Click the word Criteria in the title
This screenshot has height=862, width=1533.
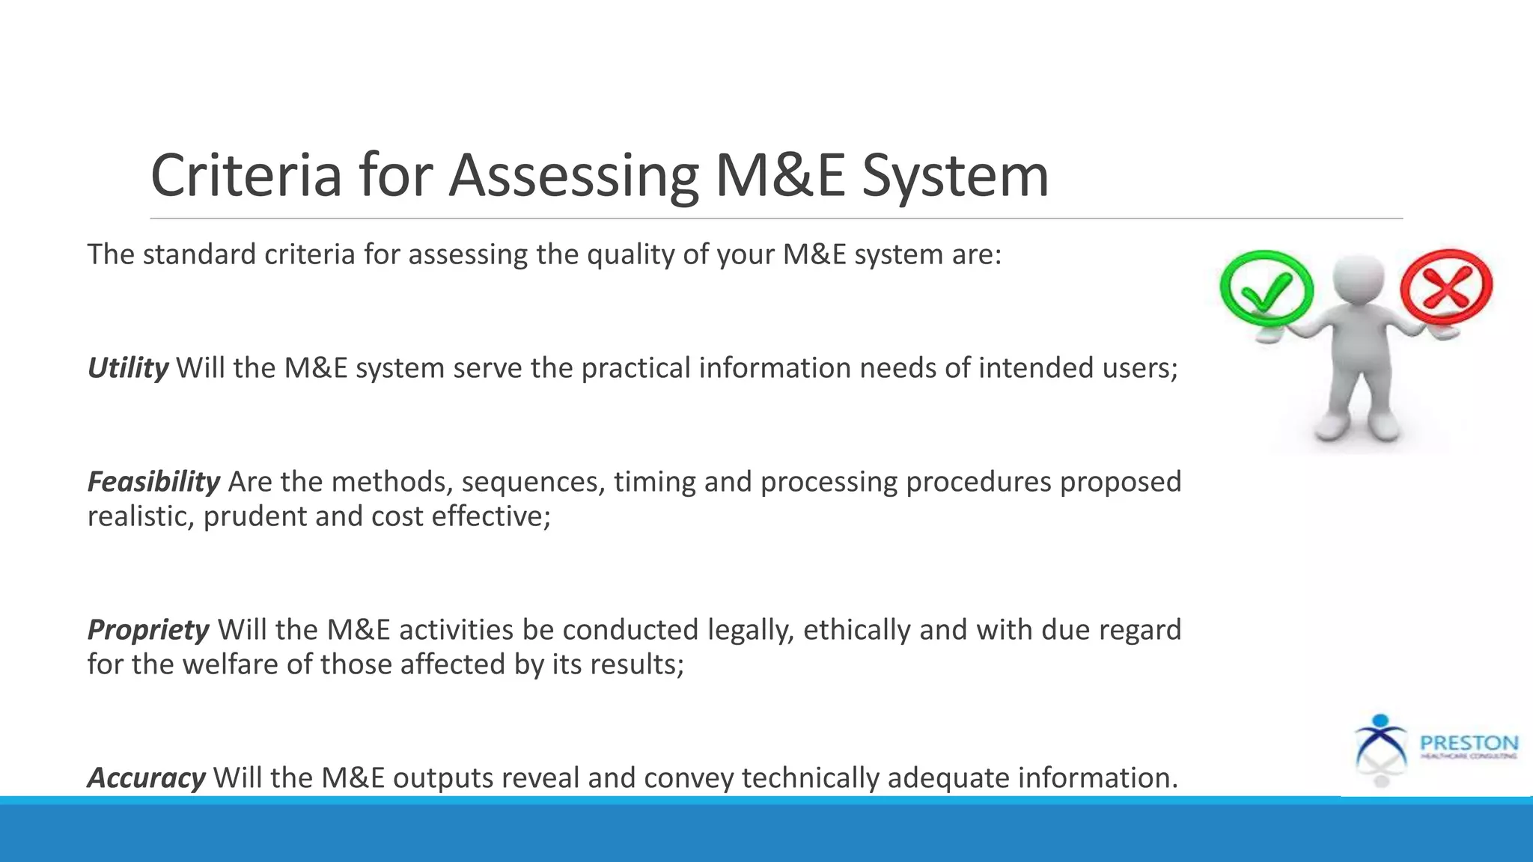click(246, 175)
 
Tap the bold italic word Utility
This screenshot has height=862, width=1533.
click(128, 368)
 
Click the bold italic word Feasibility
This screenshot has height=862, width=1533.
click(153, 482)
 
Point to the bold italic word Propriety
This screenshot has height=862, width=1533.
click(148, 630)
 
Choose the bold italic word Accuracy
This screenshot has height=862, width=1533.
click(147, 778)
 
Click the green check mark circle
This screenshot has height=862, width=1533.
click(1266, 289)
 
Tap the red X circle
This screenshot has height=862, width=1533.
click(1446, 287)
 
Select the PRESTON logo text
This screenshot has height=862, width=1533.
click(1469, 743)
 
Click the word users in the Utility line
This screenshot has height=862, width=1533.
click(1140, 368)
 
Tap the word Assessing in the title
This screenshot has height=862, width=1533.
click(573, 177)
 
